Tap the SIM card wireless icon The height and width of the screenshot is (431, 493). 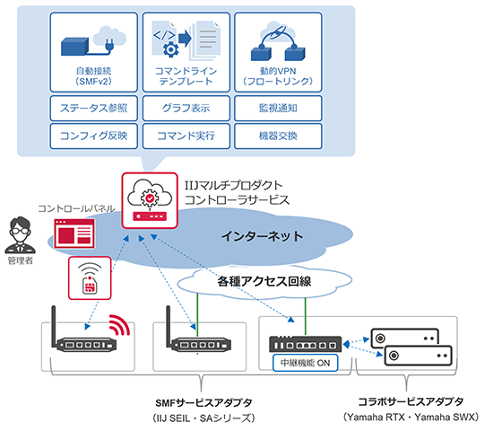pyautogui.click(x=90, y=276)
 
